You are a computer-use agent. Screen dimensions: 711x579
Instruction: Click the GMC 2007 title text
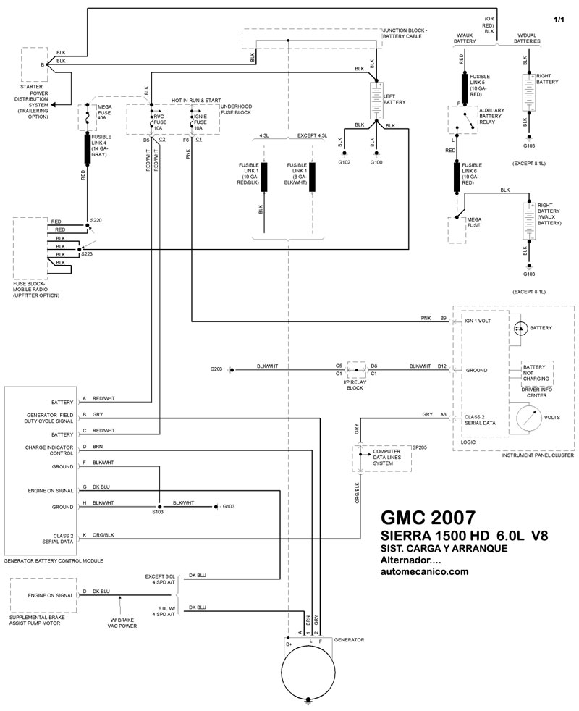click(428, 518)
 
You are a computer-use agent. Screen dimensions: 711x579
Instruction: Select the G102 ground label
click(344, 161)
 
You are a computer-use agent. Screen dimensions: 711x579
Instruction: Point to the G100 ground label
click(377, 161)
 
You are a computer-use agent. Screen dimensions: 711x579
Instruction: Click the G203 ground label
click(216, 369)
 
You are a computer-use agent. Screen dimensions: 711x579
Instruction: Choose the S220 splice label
click(96, 219)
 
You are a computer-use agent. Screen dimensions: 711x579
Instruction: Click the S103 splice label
click(158, 513)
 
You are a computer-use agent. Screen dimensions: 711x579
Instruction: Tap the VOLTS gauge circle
click(532, 418)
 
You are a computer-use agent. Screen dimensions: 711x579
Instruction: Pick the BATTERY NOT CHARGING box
click(536, 373)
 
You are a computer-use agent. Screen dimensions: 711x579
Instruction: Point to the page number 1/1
click(559, 19)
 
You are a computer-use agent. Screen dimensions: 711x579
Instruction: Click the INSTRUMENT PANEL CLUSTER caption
click(536, 455)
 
